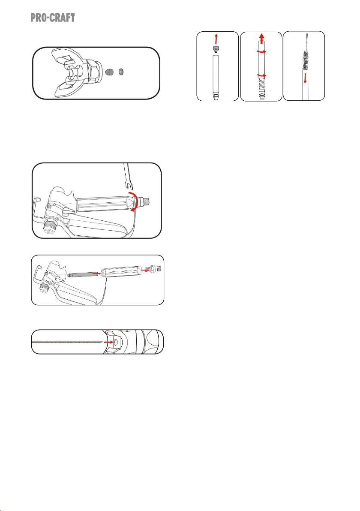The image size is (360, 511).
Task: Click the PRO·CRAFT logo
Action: tap(53, 18)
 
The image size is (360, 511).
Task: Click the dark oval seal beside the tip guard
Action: tap(110, 71)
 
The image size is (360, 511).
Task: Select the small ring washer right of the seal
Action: tap(121, 71)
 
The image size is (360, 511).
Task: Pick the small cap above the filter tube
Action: tap(215, 49)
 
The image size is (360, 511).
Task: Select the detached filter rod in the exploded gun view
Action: tap(80, 275)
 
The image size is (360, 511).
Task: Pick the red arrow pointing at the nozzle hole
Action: tap(108, 342)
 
